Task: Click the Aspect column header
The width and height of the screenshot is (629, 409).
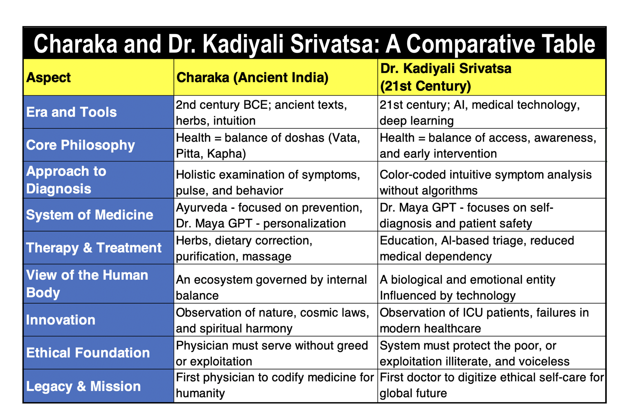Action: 48,78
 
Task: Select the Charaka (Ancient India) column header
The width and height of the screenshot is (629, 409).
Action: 252,78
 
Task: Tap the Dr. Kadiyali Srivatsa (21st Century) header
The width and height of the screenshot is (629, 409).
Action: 446,77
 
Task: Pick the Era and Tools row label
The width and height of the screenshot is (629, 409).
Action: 71,112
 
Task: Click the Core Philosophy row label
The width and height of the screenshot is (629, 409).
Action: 80,145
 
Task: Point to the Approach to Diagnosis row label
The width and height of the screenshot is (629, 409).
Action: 66,180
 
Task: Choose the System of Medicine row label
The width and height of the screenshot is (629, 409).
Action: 89,215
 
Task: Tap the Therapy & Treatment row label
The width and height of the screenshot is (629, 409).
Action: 94,248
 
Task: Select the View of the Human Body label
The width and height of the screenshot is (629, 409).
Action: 87,284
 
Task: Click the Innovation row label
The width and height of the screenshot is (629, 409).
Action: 61,320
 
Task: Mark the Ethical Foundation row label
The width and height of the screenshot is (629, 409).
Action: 88,353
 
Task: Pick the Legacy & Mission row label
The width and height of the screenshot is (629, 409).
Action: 83,386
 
